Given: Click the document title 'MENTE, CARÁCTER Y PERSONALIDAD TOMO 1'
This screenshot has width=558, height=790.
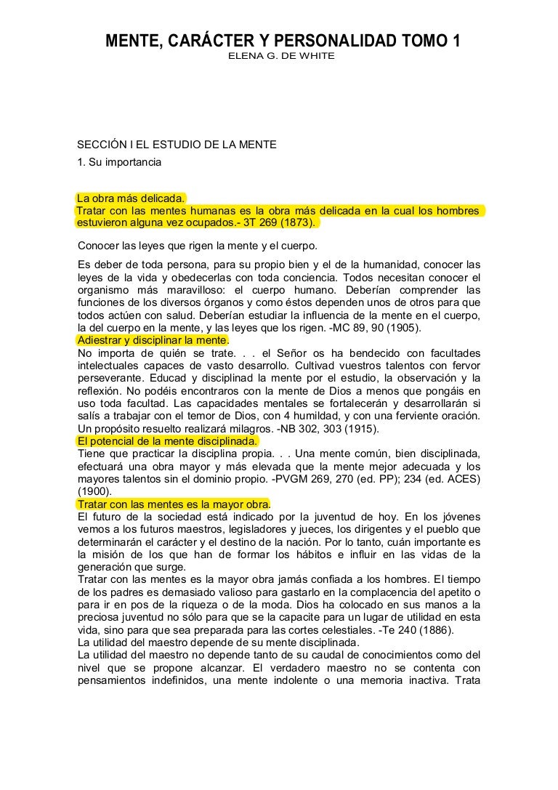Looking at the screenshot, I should tap(283, 41).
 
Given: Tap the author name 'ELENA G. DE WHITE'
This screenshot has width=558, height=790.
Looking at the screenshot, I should tap(282, 56).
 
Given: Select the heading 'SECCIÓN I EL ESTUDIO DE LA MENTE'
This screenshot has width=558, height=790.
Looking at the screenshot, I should tap(177, 145).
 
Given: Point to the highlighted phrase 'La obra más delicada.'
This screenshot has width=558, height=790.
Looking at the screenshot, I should tap(131, 198).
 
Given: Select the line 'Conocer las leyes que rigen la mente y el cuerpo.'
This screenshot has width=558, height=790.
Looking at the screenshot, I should tap(197, 245).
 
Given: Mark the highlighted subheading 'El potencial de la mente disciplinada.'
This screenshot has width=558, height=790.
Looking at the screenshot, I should tap(167, 440).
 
